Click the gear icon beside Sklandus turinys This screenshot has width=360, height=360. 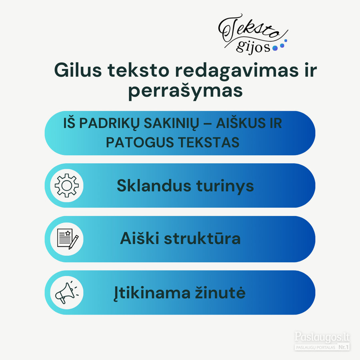(66, 186)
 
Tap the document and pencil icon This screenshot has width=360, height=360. (68, 239)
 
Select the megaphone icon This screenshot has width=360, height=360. (66, 292)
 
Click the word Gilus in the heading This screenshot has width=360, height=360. (78, 70)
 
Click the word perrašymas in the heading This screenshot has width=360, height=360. (185, 91)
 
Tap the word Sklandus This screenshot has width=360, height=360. (154, 185)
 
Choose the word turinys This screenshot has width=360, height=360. (225, 186)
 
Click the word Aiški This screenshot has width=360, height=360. (139, 238)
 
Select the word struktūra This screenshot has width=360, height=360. (202, 238)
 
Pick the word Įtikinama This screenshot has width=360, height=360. (152, 293)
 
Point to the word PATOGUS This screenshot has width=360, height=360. (140, 142)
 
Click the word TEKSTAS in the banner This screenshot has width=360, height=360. (209, 142)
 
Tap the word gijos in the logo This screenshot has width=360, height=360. (253, 47)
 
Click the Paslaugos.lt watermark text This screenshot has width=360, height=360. (322, 337)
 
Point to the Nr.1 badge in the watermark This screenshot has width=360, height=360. (344, 347)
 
